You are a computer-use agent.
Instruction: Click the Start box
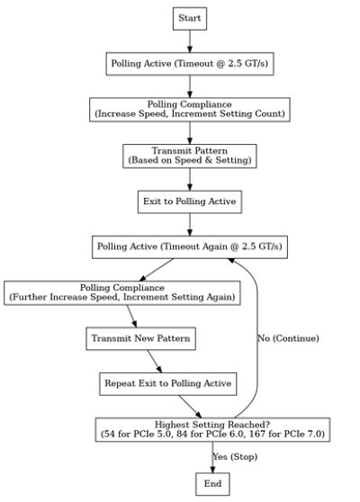(190, 19)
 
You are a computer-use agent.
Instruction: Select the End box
(212, 484)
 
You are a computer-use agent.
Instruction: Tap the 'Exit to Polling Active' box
(190, 202)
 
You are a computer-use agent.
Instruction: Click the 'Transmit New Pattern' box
(141, 338)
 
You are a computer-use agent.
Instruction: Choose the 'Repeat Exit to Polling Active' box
(167, 383)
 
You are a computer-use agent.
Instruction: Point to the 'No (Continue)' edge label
(288, 338)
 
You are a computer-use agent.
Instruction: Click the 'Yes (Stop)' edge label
(235, 456)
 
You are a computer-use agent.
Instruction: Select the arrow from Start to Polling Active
(190, 41)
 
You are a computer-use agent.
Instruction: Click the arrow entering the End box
(212, 457)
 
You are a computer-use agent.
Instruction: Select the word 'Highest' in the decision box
(168, 425)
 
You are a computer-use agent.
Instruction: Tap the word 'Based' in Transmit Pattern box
(142, 160)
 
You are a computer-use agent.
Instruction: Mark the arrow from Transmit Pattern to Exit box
(190, 179)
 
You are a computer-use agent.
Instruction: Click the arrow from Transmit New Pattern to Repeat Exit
(155, 361)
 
